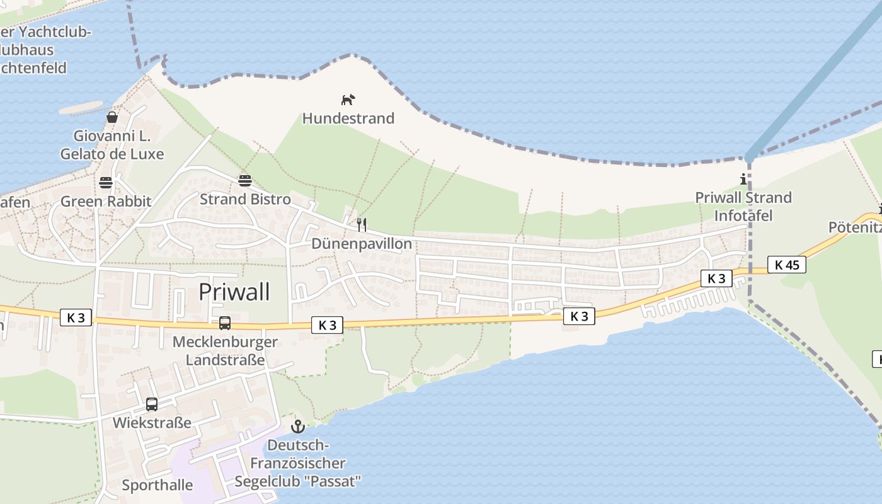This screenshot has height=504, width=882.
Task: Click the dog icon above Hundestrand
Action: tap(348, 100)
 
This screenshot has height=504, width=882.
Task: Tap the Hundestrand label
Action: tap(348, 118)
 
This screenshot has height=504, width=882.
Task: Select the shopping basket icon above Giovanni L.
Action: tap(112, 117)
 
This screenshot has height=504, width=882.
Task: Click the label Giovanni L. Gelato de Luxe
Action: tap(112, 145)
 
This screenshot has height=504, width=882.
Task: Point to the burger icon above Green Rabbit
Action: tap(106, 183)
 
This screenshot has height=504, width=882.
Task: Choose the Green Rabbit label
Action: tap(106, 202)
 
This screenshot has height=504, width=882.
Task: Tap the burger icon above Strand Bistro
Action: tap(245, 181)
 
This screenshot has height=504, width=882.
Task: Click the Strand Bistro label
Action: tap(245, 200)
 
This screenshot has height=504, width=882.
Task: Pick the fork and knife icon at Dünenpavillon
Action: tap(362, 224)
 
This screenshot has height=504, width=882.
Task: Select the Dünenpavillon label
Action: tap(362, 244)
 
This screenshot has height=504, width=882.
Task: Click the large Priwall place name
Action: tap(234, 292)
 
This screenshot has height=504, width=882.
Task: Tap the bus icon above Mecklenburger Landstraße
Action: tap(225, 323)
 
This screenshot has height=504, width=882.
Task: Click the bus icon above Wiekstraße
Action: tap(152, 404)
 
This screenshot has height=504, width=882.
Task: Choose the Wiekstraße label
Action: tap(152, 423)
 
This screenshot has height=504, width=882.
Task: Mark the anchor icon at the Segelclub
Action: tap(298, 427)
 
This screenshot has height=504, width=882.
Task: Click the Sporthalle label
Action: tap(157, 485)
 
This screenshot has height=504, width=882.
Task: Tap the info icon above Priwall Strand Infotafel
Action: tap(743, 180)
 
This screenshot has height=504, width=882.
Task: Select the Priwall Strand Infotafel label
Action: tap(743, 207)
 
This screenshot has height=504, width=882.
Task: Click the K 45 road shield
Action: tap(786, 265)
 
